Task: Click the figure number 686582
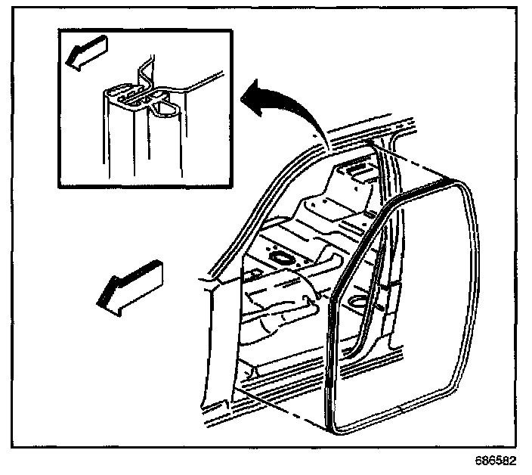point(498,459)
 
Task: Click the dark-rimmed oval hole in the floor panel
point(279,259)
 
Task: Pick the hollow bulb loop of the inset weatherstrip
point(167,113)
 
